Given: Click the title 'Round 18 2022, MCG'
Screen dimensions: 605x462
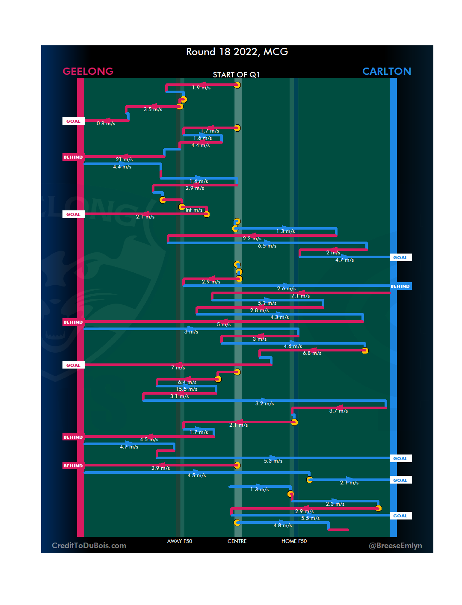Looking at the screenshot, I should [237, 52].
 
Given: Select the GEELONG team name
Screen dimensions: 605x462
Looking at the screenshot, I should [88, 71].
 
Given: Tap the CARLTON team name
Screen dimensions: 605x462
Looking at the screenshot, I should [386, 71].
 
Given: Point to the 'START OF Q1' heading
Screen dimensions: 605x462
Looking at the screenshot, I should [237, 75].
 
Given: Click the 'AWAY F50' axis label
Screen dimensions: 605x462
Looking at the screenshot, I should [180, 541].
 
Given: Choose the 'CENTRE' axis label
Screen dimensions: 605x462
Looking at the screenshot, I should [237, 541].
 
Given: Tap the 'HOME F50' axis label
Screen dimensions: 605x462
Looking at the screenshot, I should [294, 541].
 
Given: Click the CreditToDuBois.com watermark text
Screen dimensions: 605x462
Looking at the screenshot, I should [89, 546].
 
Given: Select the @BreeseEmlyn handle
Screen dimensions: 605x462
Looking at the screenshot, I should [395, 546].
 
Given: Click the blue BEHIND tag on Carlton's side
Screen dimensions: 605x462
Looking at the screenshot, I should [400, 286].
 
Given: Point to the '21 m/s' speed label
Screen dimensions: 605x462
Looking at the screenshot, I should [124, 159].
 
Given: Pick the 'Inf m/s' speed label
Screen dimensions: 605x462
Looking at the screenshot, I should [194, 210].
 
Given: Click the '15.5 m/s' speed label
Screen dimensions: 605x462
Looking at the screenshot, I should [187, 389].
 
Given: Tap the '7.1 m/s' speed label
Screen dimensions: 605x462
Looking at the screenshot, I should [300, 296].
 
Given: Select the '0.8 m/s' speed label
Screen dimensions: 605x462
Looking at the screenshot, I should [106, 124].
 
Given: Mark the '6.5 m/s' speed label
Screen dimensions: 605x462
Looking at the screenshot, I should [267, 246].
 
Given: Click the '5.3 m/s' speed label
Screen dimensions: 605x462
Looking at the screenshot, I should [273, 461].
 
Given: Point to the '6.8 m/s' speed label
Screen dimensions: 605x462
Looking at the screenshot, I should [312, 353].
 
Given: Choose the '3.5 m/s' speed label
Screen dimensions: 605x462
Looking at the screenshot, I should [153, 109].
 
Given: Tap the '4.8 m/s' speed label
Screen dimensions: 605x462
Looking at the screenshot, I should [282, 525].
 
